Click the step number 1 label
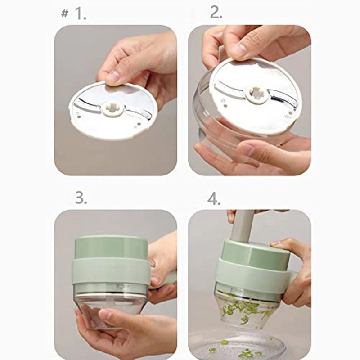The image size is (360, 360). (80, 14)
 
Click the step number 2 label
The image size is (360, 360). (216, 13)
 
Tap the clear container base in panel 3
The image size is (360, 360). (110, 306)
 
